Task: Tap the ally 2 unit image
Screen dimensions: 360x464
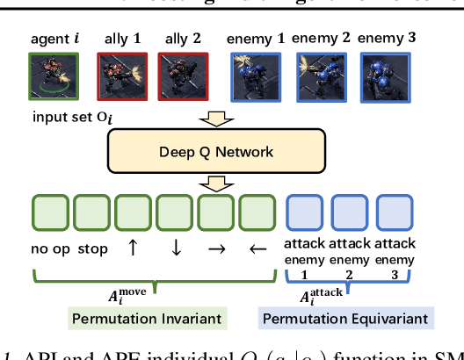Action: coord(177,78)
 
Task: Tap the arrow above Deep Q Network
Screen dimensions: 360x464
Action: coord(215,119)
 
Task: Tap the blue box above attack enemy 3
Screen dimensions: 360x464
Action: coord(395,213)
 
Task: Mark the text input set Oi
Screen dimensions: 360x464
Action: coord(66,118)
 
